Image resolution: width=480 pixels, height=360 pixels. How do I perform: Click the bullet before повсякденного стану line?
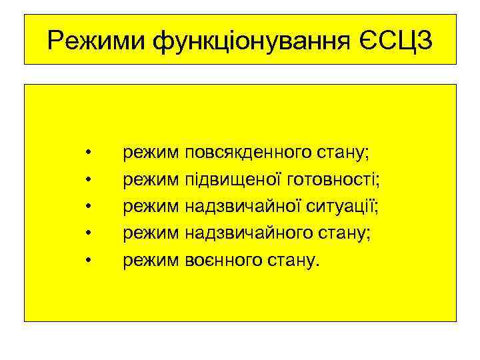click(x=89, y=153)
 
